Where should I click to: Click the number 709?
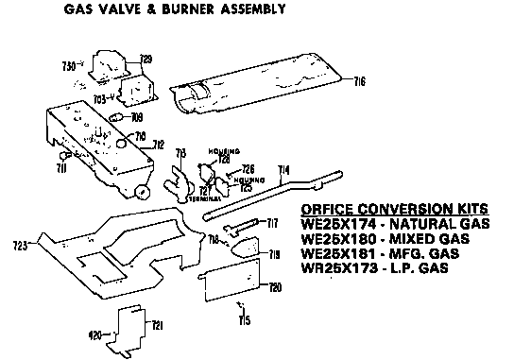136,118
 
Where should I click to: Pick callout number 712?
159,145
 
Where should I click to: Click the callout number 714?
283,170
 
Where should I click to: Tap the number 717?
273,223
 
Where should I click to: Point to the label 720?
276,286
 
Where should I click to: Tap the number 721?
157,326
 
